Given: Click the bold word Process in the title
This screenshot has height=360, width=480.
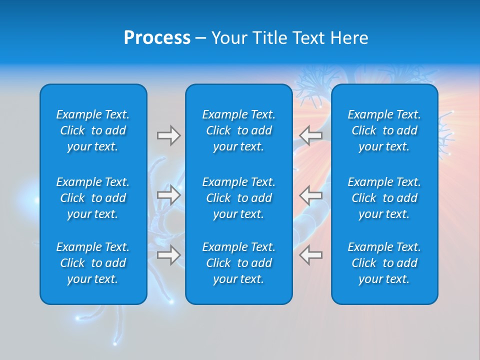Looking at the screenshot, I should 157,38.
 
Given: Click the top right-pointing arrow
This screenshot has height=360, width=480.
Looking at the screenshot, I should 168,135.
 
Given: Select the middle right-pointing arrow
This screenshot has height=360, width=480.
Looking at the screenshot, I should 168,195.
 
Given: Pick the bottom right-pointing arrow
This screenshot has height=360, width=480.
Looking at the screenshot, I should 168,254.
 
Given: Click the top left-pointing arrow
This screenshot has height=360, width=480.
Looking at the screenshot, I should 311,135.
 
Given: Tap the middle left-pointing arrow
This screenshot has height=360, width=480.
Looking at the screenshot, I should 311,195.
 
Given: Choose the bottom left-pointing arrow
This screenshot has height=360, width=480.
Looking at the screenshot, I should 311,254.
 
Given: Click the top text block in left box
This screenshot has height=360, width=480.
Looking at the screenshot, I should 93,130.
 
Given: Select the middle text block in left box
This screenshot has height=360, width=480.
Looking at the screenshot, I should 93,198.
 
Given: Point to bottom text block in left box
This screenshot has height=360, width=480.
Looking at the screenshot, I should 93,263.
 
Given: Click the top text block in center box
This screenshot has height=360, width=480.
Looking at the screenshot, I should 238,130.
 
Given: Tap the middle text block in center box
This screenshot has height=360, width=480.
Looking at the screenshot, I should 238,198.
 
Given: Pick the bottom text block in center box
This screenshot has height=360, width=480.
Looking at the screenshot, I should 238,263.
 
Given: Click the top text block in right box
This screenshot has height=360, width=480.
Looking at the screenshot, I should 384,130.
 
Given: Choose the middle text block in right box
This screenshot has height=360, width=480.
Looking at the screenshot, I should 384,198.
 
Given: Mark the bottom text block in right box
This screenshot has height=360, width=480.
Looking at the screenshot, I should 384,263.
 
